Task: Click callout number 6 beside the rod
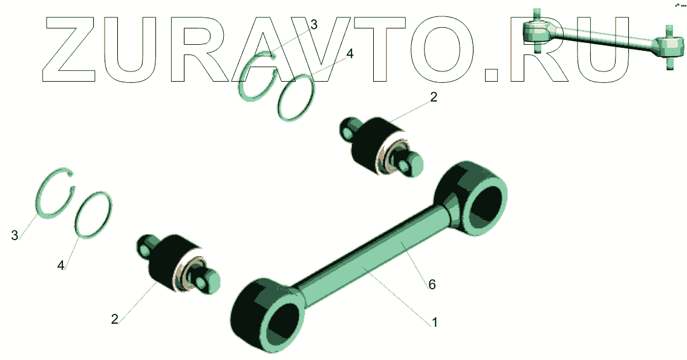[x=432, y=284]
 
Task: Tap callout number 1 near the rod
[x=435, y=322]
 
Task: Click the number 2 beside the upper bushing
[x=434, y=97]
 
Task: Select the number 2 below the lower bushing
[x=114, y=319]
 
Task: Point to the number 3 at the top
[x=313, y=25]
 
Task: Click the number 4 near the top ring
[x=349, y=54]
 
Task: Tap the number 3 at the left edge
[x=15, y=235]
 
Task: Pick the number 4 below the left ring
[x=61, y=265]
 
